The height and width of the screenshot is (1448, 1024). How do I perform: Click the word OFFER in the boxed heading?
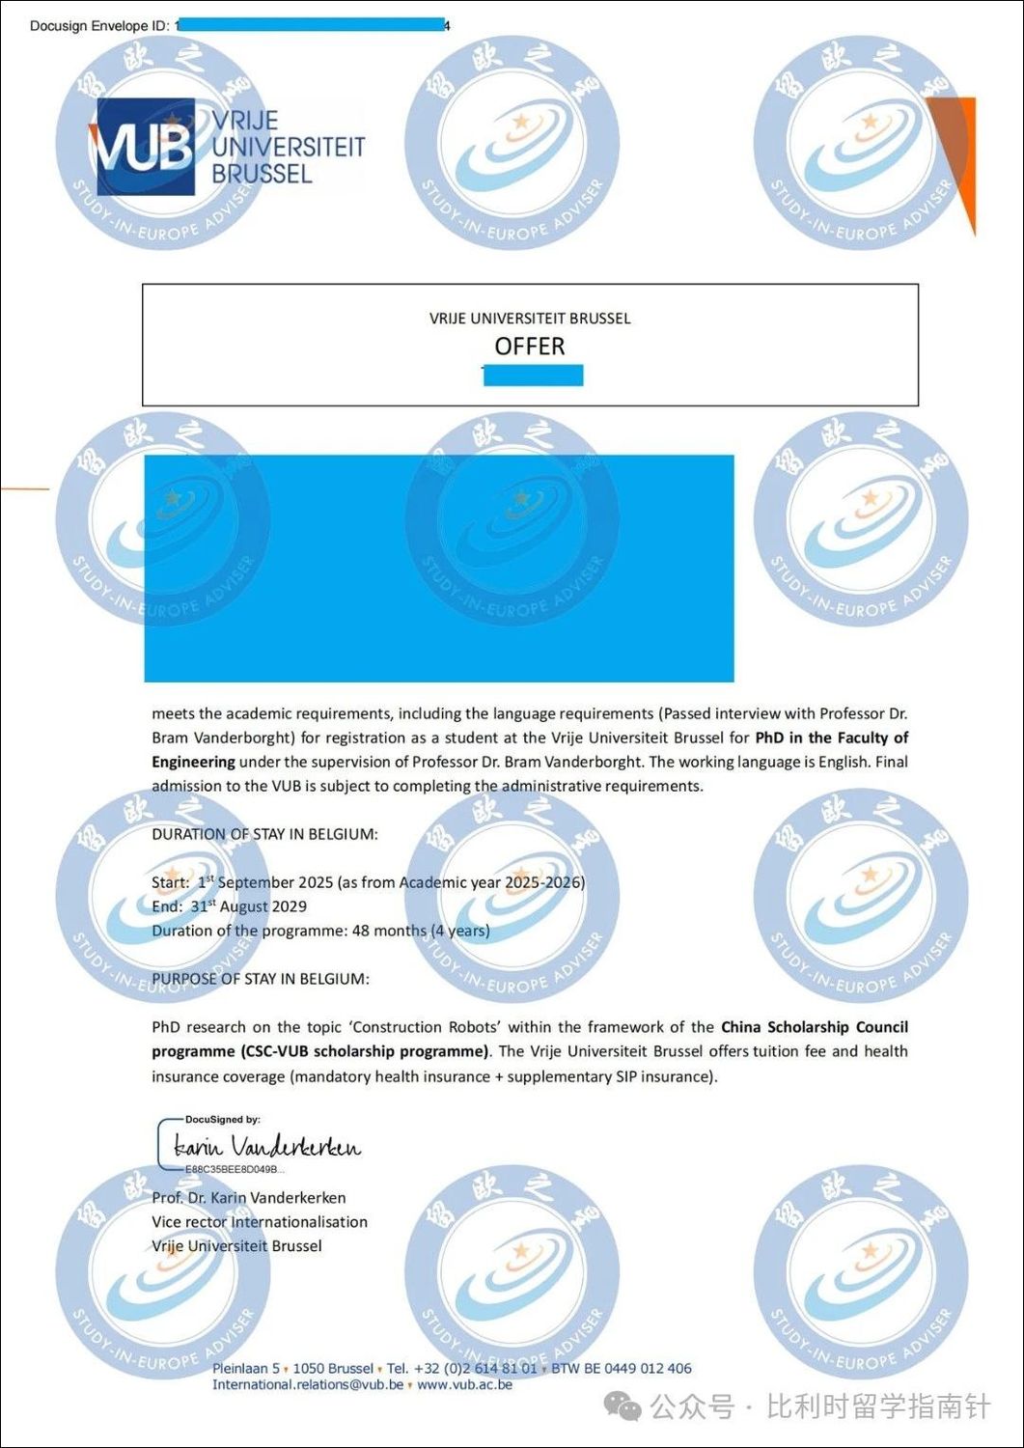tap(530, 346)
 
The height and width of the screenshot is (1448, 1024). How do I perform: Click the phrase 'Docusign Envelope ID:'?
tap(99, 26)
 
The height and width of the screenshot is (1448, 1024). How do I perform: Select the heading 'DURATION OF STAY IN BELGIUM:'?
tap(264, 834)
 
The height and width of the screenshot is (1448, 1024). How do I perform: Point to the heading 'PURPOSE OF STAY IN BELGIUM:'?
tap(260, 979)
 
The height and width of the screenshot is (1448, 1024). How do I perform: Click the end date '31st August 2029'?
tap(249, 906)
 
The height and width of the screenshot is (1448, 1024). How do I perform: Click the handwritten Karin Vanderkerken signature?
tap(266, 1146)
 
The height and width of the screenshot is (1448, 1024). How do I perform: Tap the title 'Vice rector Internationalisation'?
tap(260, 1221)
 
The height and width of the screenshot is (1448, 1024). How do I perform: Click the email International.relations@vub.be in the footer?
tap(308, 1384)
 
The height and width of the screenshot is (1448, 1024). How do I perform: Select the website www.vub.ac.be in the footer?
tap(464, 1384)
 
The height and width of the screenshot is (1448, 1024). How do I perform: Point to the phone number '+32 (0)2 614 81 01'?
tap(475, 1368)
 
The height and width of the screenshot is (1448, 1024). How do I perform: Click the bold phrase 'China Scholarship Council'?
tap(814, 1027)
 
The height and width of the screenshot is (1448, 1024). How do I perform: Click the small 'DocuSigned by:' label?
tap(222, 1120)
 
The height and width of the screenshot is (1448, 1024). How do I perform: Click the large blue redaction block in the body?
tap(439, 569)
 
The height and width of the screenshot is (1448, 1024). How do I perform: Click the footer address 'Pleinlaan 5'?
tap(246, 1368)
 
